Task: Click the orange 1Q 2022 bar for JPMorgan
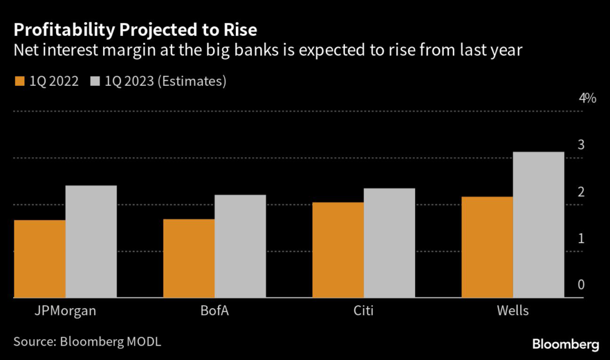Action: pos(40,259)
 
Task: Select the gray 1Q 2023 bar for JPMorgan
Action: pos(91,241)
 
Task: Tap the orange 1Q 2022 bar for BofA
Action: pos(189,259)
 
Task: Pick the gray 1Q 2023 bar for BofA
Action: pos(240,246)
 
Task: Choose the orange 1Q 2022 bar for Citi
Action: pos(338,250)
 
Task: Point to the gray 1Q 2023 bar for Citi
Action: pos(390,243)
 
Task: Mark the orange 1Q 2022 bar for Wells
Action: pos(487,247)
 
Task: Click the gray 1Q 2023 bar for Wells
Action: pos(539,225)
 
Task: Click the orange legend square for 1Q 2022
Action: pos(20,81)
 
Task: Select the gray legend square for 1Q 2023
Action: pos(95,81)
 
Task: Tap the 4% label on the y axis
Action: pos(587,98)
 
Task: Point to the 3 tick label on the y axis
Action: pos(581,145)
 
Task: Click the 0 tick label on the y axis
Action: pos(581,284)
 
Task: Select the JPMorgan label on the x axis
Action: pos(66,311)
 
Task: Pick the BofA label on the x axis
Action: pos(214,311)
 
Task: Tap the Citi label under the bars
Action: pos(363,311)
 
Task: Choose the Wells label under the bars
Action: pos(513,311)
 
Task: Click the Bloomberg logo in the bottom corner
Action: pos(566,345)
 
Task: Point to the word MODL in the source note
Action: pos(144,342)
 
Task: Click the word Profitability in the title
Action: pos(64,30)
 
